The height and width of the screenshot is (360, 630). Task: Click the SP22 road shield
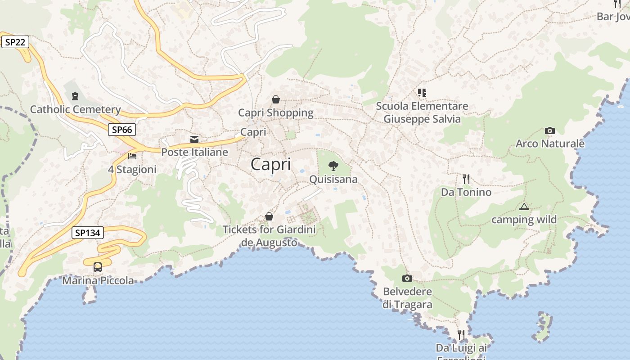click(x=15, y=42)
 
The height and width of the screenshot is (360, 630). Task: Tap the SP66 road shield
click(x=122, y=130)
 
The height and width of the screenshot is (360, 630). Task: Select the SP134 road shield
click(x=88, y=233)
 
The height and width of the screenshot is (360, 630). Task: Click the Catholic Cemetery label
click(x=75, y=109)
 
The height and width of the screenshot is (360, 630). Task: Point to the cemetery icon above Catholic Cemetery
click(x=75, y=96)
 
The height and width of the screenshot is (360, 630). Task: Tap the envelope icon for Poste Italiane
click(x=194, y=139)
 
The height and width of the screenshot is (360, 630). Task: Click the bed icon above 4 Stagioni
click(x=132, y=156)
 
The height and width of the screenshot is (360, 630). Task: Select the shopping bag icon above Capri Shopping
click(x=276, y=99)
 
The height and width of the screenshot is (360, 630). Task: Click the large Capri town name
click(x=270, y=164)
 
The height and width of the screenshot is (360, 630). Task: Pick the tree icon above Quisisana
click(x=333, y=166)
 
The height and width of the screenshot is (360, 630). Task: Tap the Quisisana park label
click(x=333, y=179)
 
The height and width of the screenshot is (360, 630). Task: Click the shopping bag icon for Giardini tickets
click(x=269, y=216)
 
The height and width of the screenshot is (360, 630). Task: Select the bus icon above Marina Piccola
click(x=98, y=267)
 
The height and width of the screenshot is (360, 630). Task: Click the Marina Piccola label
click(x=98, y=281)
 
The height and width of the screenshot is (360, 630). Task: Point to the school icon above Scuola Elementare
click(x=422, y=93)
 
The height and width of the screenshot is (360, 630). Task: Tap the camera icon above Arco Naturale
click(x=549, y=131)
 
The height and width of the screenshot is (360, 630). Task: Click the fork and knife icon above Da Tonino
click(x=466, y=179)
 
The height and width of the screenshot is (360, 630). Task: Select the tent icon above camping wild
click(x=524, y=207)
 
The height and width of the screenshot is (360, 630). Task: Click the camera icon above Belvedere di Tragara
click(x=407, y=278)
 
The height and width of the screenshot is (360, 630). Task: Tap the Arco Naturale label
click(x=550, y=144)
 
